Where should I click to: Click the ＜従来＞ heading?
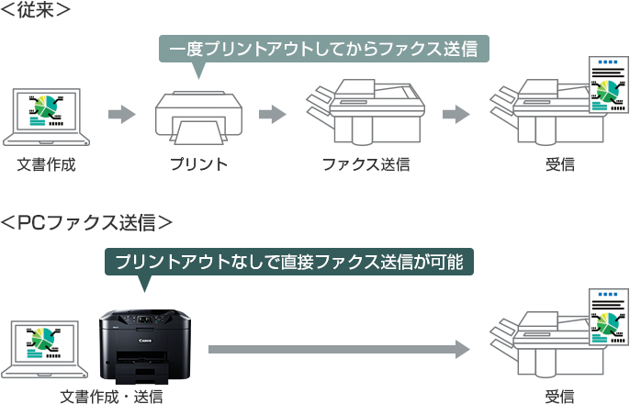click(x=38, y=11)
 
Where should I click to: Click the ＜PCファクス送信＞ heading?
click(x=86, y=221)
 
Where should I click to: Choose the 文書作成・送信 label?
click(x=111, y=397)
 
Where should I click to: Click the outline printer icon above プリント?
click(x=197, y=118)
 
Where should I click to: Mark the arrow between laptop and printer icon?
click(x=121, y=115)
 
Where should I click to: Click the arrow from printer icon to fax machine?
click(x=272, y=115)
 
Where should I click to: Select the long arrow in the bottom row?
click(x=339, y=349)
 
